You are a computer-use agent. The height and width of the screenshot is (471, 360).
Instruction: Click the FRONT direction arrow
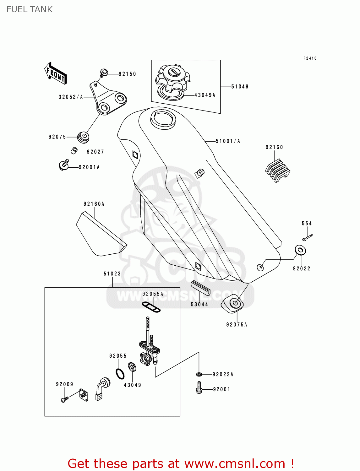click(x=56, y=73)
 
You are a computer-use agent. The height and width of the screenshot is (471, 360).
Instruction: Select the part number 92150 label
click(x=127, y=74)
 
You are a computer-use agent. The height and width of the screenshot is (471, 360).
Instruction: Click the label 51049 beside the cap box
click(x=240, y=87)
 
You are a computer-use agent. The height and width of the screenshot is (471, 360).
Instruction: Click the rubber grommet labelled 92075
click(x=84, y=137)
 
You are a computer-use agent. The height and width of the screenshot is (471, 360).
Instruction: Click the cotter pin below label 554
click(x=308, y=237)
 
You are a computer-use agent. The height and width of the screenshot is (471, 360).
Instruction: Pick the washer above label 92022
click(x=300, y=250)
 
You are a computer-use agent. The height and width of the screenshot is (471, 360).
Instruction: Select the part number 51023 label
click(x=112, y=274)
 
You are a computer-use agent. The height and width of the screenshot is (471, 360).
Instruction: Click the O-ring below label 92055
click(x=120, y=374)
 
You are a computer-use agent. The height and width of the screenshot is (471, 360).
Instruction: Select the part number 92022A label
click(x=223, y=374)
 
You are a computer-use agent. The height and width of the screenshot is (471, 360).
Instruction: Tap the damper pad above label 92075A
click(x=233, y=303)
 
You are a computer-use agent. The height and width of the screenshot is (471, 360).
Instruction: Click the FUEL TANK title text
click(x=30, y=9)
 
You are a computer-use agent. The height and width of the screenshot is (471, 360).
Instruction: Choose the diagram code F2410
click(x=310, y=58)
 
